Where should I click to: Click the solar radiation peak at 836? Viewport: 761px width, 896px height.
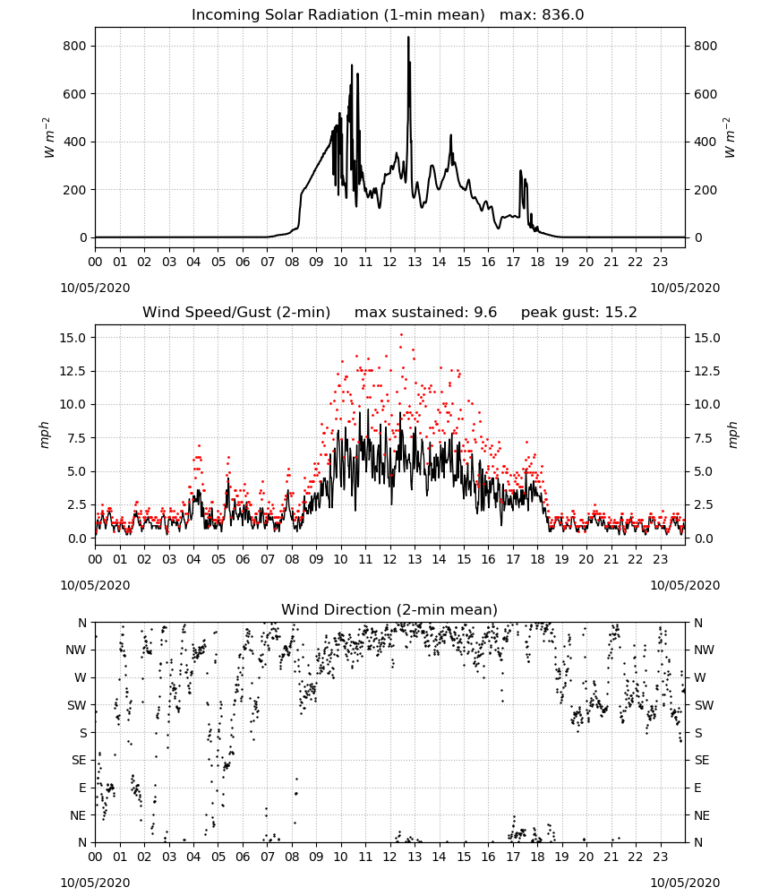(x=408, y=38)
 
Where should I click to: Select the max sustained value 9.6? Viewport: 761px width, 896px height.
(x=485, y=312)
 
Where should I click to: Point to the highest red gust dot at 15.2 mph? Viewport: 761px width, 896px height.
(x=401, y=335)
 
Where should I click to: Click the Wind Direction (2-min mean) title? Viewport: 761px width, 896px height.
(x=389, y=609)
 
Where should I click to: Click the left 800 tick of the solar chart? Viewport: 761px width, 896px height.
(x=74, y=46)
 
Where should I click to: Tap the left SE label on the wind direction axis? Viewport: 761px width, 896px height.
(x=79, y=760)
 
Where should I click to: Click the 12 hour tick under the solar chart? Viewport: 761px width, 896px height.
(x=389, y=262)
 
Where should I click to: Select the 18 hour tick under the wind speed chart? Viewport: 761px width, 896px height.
(x=537, y=559)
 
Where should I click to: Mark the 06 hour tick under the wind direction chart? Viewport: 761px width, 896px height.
(x=243, y=857)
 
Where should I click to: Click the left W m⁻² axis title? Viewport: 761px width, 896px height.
(x=48, y=138)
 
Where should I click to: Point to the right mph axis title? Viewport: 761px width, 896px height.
(x=732, y=435)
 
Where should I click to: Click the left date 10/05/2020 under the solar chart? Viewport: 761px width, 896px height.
(x=95, y=288)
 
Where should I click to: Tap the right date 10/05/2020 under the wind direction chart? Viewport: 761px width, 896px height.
(x=685, y=883)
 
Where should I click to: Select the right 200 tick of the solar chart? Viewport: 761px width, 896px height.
(x=705, y=190)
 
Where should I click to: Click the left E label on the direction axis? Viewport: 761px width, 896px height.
(x=82, y=788)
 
